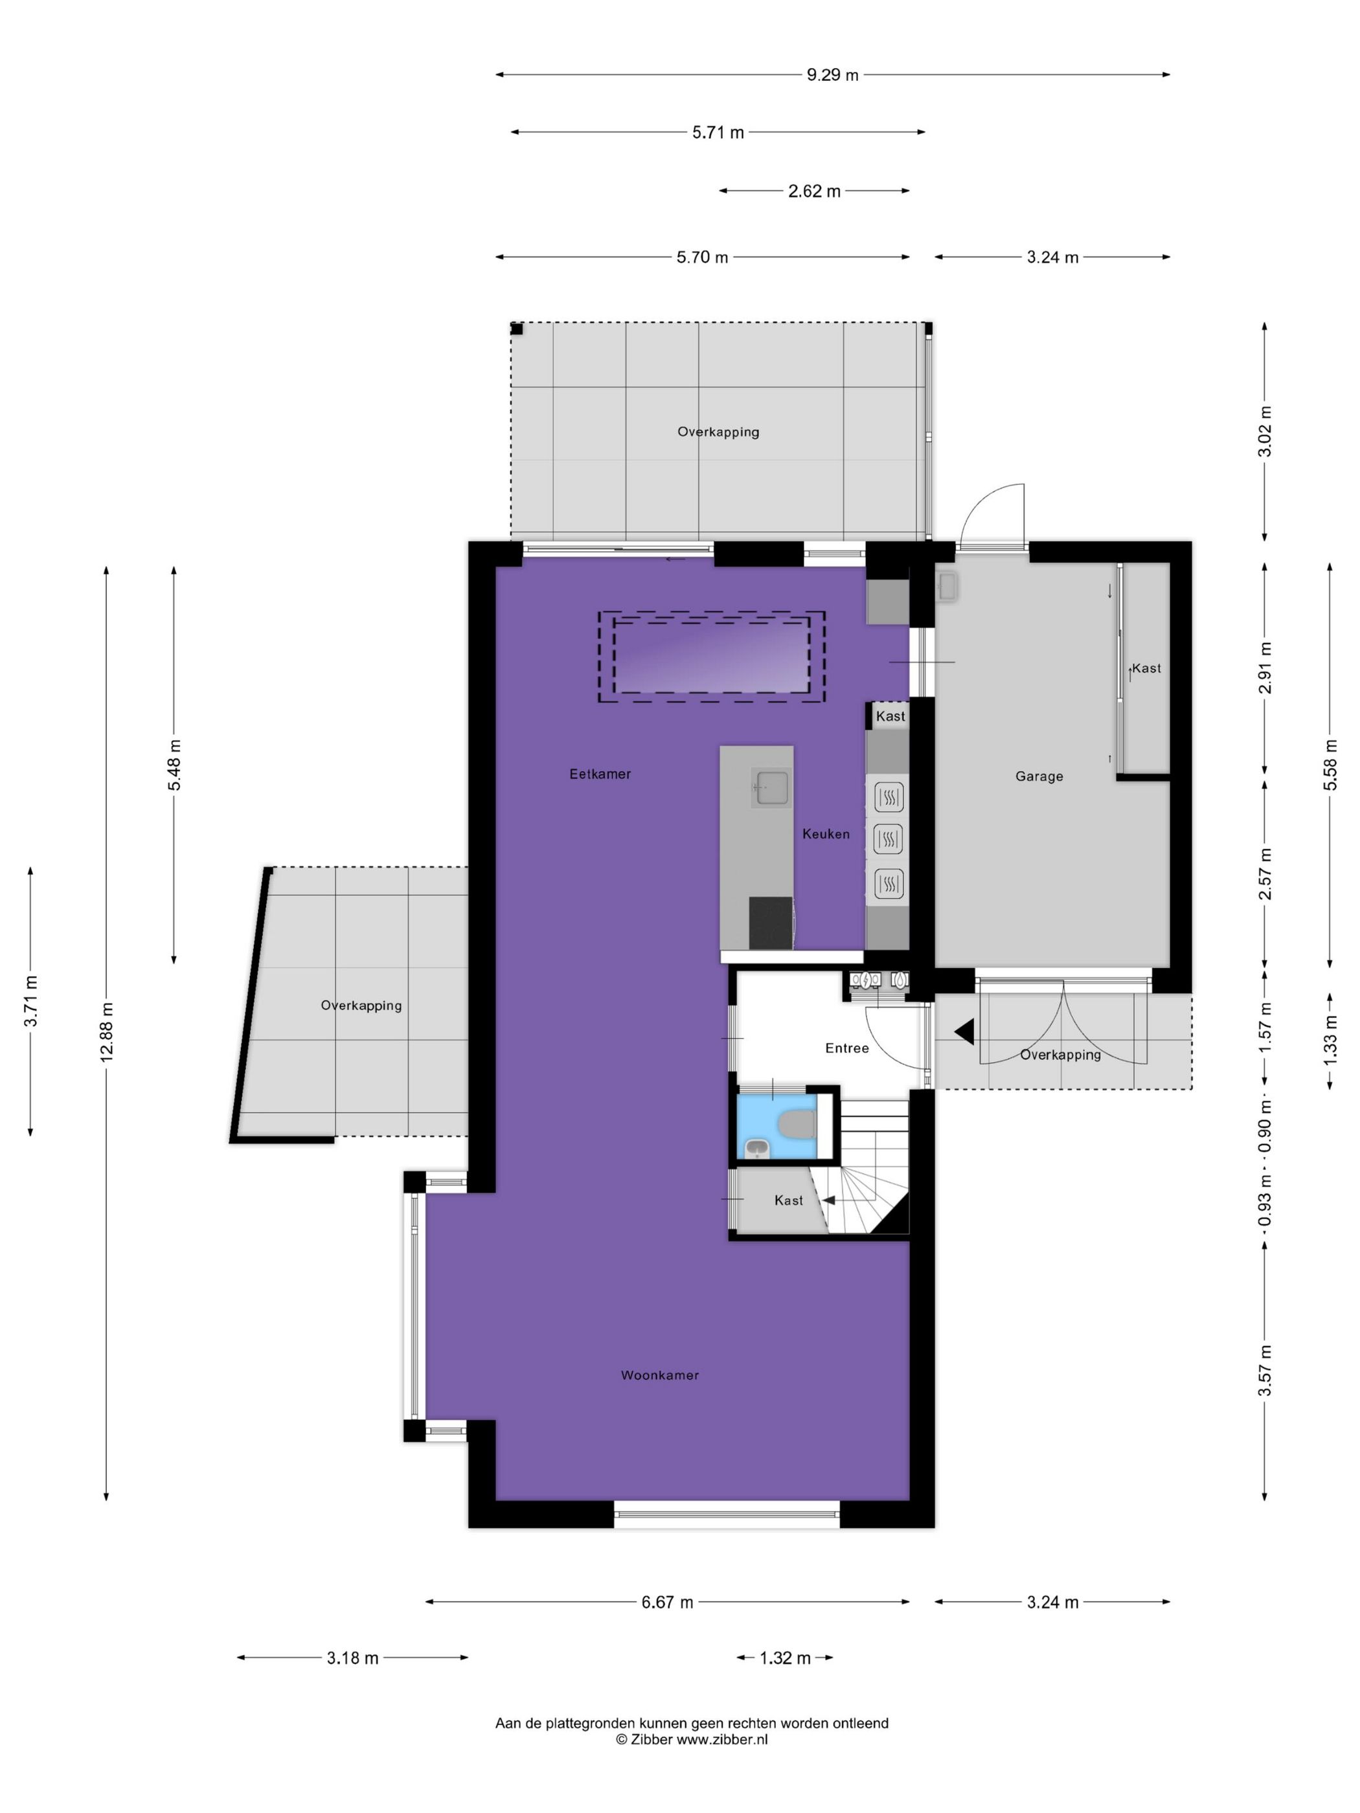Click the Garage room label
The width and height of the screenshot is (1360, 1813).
click(1039, 776)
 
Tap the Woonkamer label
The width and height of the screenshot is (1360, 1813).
click(660, 1375)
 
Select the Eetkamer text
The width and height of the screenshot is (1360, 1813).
click(600, 774)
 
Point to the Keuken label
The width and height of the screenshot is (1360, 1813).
click(826, 833)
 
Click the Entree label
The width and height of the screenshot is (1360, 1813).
click(847, 1048)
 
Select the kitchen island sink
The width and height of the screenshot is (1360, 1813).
click(772, 787)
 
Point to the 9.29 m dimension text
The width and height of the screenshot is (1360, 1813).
click(832, 75)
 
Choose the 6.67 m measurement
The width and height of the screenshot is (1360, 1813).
click(667, 1601)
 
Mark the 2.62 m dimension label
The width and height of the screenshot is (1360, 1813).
click(814, 192)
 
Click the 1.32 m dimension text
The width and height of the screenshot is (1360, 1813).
click(784, 1658)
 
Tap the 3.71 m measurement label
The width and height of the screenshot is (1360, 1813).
click(31, 1001)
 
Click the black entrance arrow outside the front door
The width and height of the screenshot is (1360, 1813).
click(965, 1032)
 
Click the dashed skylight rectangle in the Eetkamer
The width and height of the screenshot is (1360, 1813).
click(710, 657)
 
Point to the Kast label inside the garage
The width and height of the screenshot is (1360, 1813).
click(1146, 668)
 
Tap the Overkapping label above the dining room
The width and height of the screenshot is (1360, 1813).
click(718, 432)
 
